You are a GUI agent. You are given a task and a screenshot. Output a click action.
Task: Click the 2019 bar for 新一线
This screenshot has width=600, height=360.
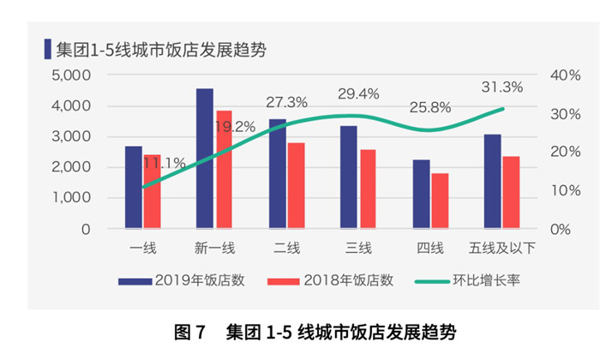[x=205, y=159]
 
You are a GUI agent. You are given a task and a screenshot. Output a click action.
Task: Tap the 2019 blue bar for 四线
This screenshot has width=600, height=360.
[x=421, y=195]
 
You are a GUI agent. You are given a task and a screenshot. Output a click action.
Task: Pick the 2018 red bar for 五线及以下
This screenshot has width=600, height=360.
[x=511, y=193]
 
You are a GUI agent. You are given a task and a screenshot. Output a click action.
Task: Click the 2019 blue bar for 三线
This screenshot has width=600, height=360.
[x=349, y=177]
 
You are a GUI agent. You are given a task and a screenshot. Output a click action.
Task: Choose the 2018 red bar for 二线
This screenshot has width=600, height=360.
[x=296, y=186]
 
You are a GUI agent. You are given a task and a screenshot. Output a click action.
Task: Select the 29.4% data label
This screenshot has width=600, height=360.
[x=359, y=93]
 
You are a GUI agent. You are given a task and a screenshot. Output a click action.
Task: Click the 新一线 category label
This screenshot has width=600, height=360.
[x=214, y=249]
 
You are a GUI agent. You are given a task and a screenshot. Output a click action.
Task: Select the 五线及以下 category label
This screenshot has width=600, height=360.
[x=501, y=249]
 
